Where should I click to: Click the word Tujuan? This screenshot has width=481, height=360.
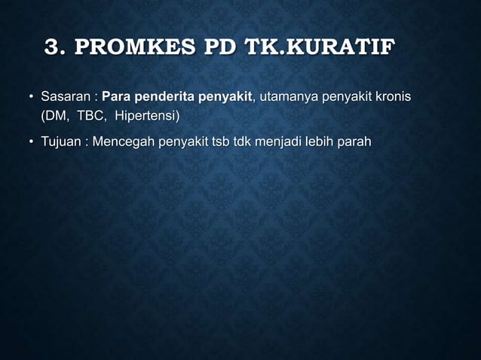tap(60, 142)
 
